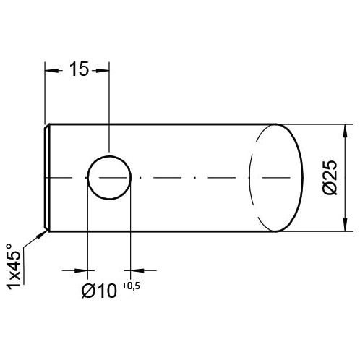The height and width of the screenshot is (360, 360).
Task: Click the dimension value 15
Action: click(x=78, y=69)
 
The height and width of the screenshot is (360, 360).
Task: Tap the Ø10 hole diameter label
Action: click(x=99, y=291)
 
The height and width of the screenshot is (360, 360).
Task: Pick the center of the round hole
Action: click(x=108, y=177)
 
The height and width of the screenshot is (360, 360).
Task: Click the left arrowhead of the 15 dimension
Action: click(x=50, y=69)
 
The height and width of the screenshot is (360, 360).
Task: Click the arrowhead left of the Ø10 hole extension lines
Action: click(x=81, y=270)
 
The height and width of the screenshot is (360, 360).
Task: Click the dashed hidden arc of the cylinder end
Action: click(x=249, y=177)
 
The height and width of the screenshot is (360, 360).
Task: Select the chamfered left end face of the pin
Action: click(x=46, y=177)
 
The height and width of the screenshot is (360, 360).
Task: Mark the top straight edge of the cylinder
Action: click(x=159, y=124)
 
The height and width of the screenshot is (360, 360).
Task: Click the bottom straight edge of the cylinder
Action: click(x=159, y=231)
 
